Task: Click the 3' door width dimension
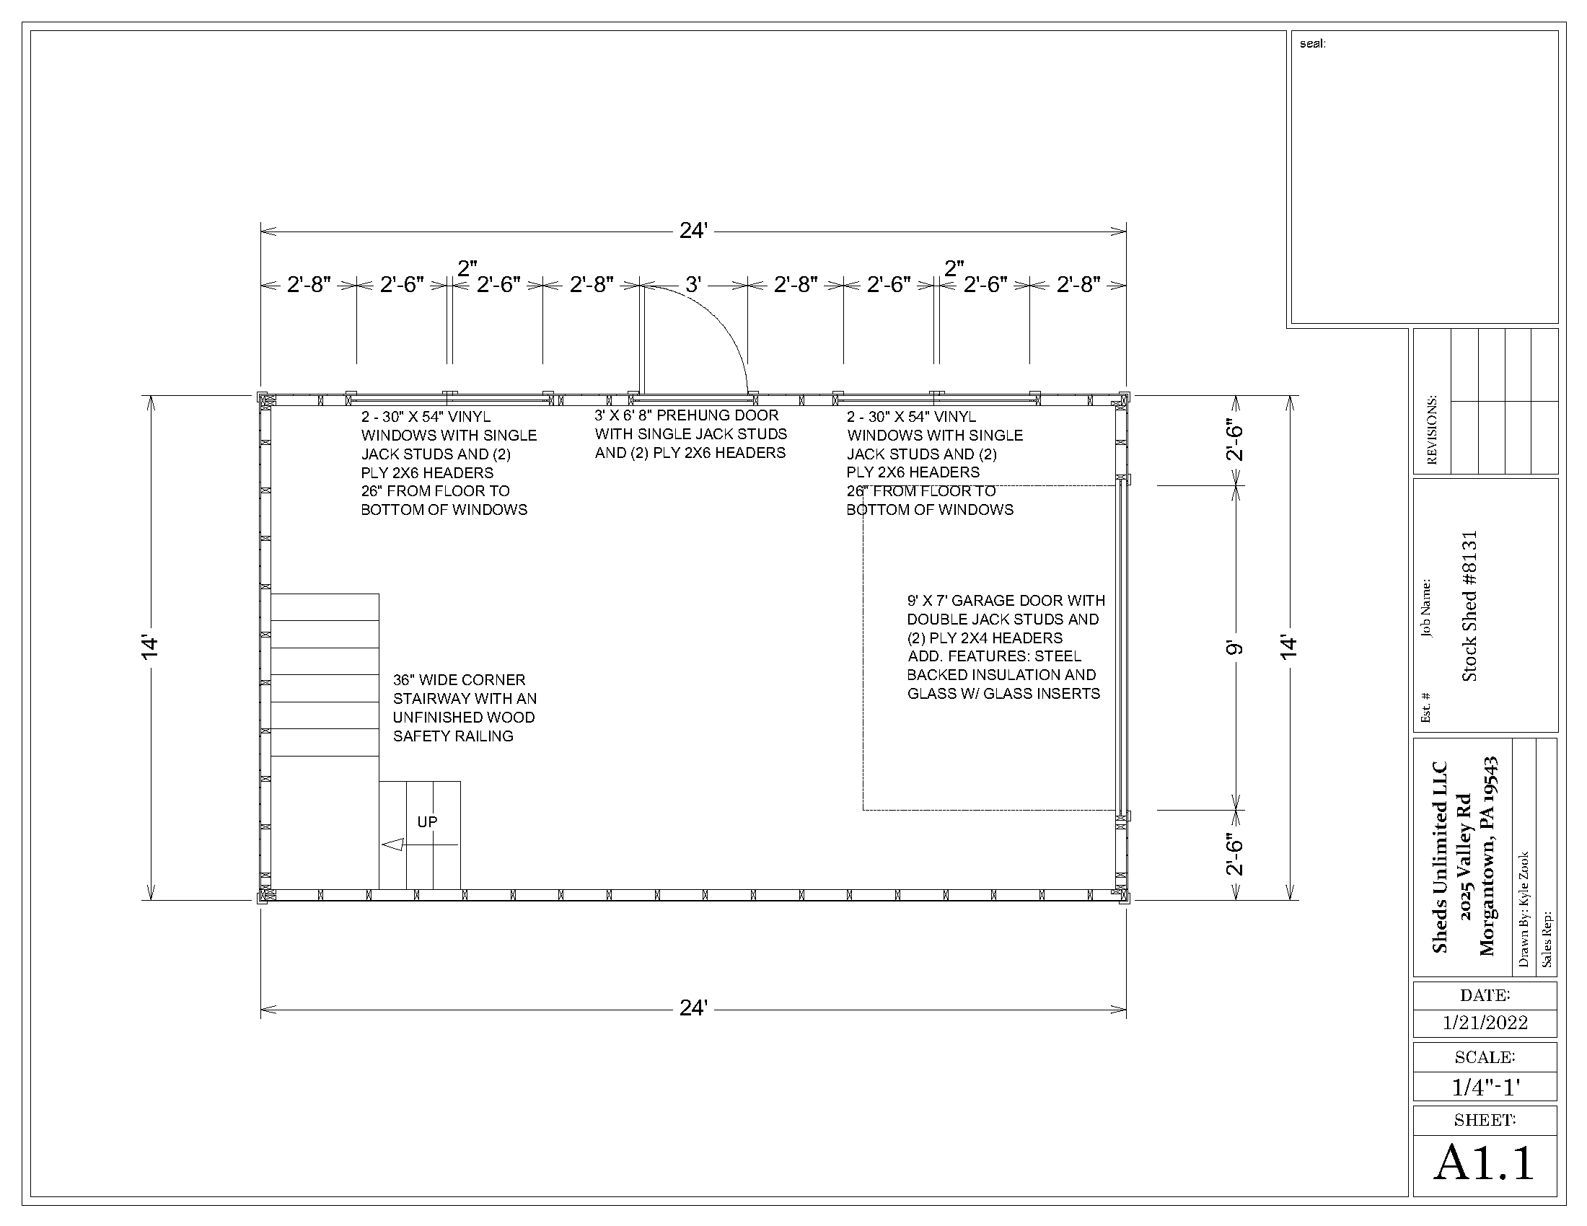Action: coord(693,285)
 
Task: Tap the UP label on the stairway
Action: coord(427,821)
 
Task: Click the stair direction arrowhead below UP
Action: coord(392,844)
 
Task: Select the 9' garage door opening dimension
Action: coord(1234,647)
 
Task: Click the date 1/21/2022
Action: coord(1485,1023)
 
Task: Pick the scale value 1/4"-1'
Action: coord(1485,1088)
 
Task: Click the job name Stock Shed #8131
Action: coord(1469,606)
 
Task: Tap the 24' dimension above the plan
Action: coord(693,231)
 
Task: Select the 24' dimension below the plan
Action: coord(693,1008)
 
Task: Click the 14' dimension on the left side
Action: coord(150,647)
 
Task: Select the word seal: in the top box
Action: coord(1312,43)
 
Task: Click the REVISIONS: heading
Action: coord(1431,430)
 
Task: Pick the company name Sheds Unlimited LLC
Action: coord(1440,857)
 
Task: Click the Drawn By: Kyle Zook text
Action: coord(1524,909)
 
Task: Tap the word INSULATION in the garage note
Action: coord(1014,675)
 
